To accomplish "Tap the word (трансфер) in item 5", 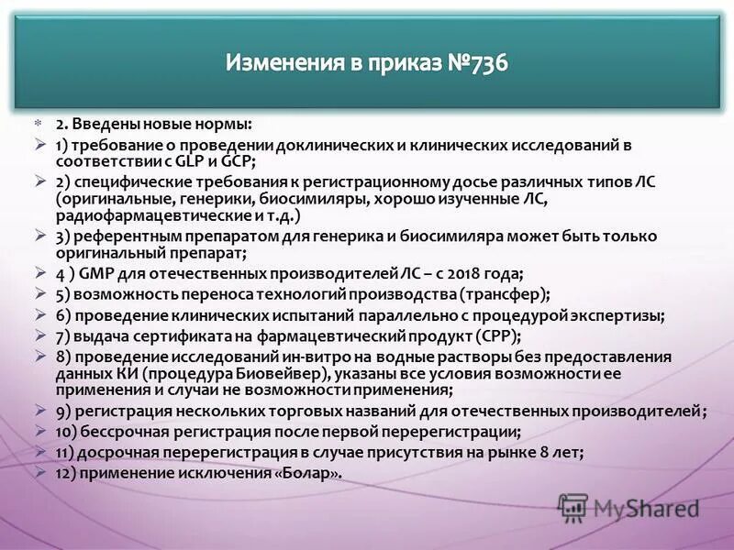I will click(502, 294).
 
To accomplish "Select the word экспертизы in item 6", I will click(621, 314).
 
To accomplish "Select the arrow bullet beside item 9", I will click(39, 410).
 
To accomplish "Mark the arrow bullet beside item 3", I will click(39, 236).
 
